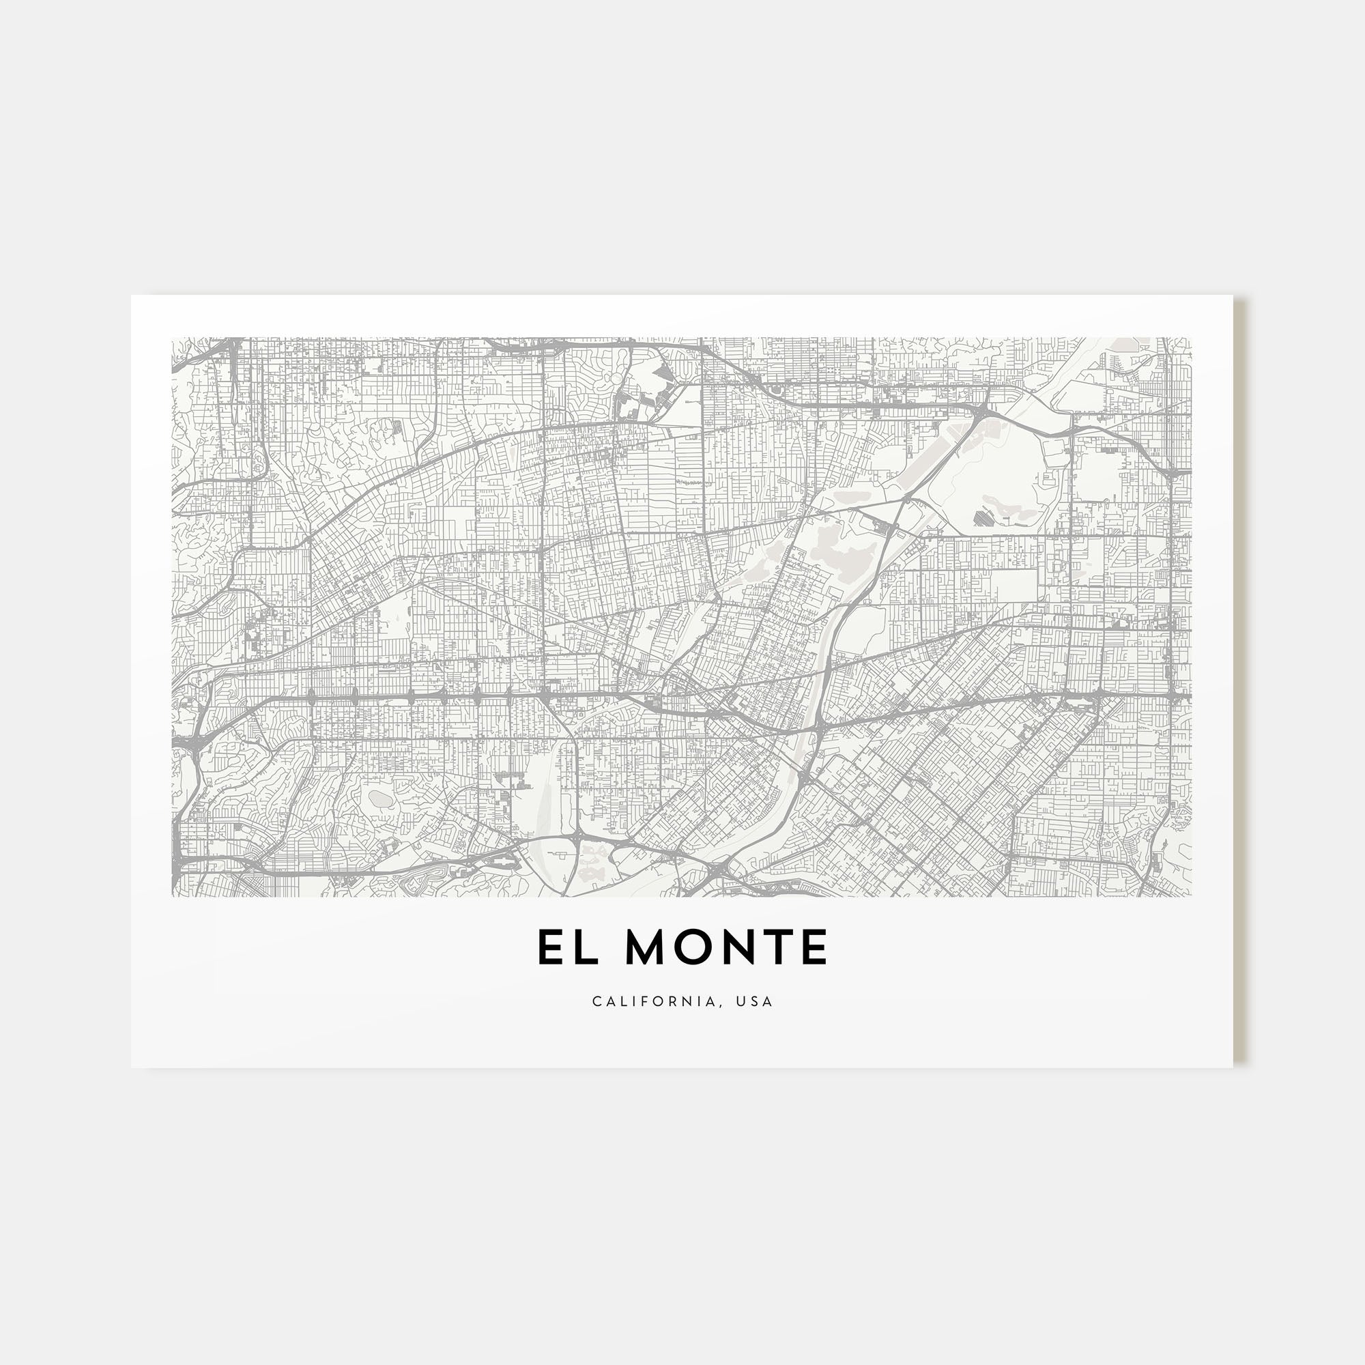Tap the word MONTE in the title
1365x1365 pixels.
[x=727, y=947]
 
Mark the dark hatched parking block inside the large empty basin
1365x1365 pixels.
[x=983, y=519]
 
